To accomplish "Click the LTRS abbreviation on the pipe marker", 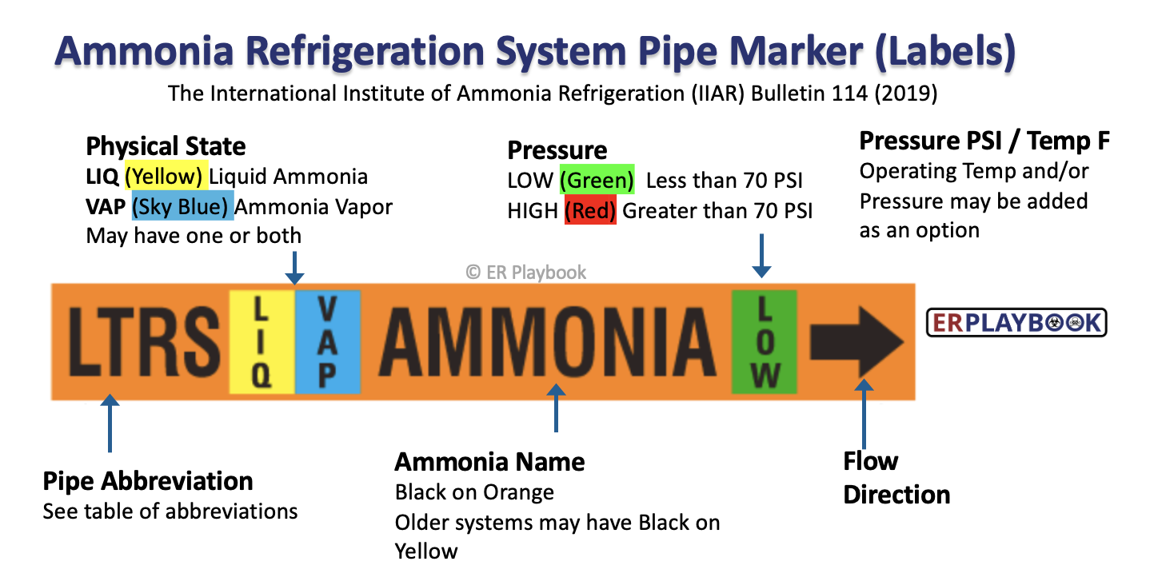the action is [x=144, y=341].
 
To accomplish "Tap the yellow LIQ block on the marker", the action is [x=262, y=342].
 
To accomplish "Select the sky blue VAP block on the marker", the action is [x=328, y=342].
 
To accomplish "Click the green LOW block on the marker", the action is [x=765, y=342].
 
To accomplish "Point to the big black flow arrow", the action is [x=857, y=342].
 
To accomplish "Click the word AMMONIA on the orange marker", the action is [x=547, y=341].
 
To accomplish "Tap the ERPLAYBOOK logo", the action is [x=1016, y=323].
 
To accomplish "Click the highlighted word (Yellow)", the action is [x=166, y=176].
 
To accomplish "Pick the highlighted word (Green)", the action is [x=597, y=180].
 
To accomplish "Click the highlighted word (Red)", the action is [x=590, y=210].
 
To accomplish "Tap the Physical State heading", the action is [x=166, y=146].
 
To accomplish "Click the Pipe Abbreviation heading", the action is [x=148, y=481].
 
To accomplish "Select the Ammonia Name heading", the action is [x=489, y=462].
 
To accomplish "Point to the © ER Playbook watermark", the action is [x=525, y=272].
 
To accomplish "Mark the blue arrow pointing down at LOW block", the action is [x=762, y=256].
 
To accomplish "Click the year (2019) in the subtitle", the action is [x=905, y=94].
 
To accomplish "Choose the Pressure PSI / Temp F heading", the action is [x=984, y=141].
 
